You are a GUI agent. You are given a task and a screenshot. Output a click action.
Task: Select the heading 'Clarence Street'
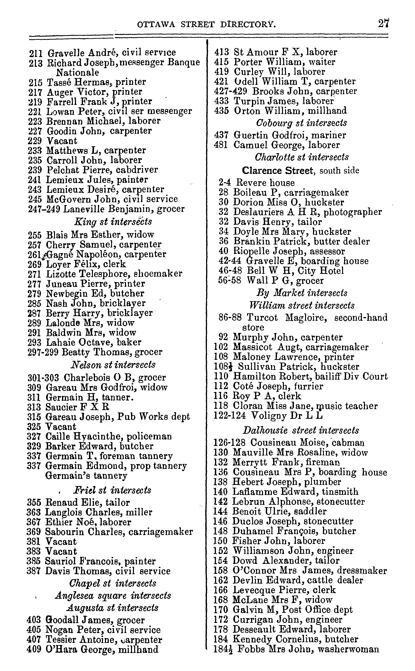[x=277, y=171]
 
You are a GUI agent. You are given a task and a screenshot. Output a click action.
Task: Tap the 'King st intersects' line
[x=113, y=221]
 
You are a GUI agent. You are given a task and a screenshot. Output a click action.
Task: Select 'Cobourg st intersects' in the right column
[x=301, y=123]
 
